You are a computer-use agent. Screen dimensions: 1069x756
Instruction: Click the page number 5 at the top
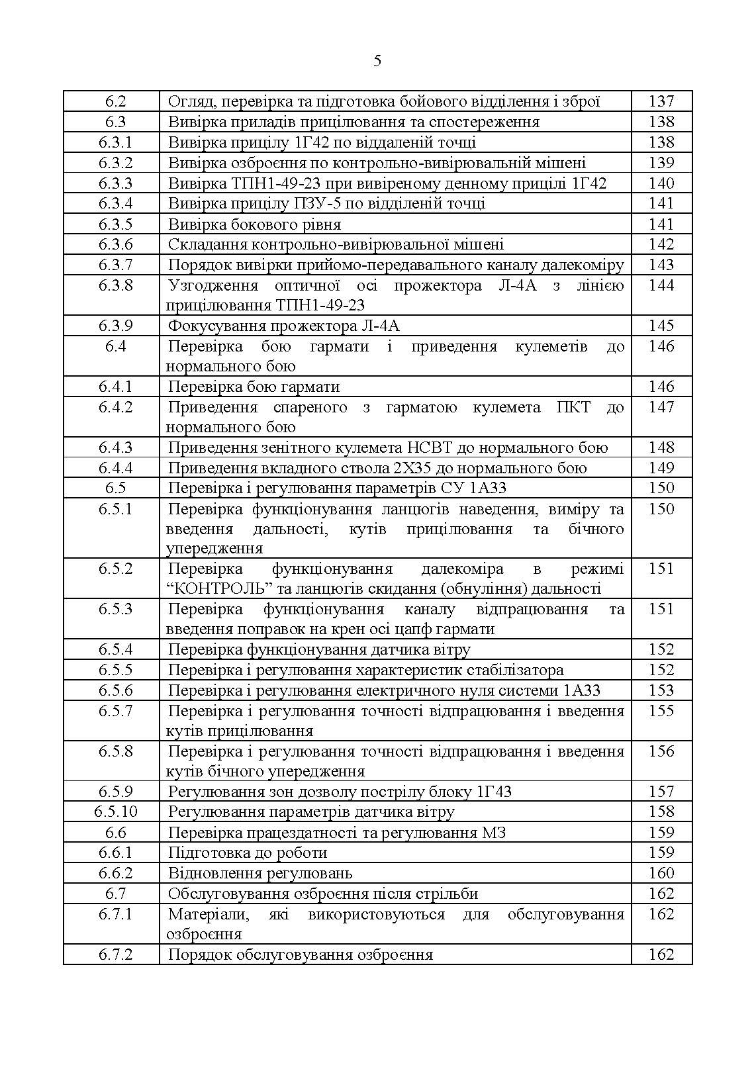377,62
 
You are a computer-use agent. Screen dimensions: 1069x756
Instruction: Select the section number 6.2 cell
115,101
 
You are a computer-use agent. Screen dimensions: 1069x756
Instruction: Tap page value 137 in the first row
661,101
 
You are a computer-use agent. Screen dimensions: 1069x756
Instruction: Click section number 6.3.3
115,183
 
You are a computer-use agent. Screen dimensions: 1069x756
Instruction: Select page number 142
661,244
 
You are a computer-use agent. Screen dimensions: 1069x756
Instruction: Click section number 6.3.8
115,285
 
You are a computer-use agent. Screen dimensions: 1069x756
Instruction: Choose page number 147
661,407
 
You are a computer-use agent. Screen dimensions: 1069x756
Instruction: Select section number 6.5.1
115,509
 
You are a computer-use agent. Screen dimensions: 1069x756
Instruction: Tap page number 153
661,690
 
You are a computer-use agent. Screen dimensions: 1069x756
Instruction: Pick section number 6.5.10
115,812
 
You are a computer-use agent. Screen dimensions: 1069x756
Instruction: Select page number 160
661,873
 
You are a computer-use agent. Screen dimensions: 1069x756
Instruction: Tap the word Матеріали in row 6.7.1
207,914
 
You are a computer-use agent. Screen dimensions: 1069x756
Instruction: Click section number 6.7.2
115,954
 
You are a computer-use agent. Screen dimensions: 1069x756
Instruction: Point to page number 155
661,711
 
